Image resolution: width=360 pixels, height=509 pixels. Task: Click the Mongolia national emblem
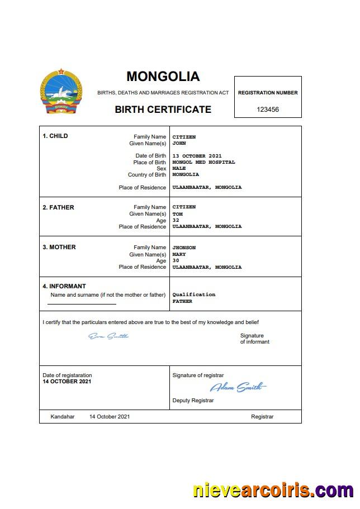click(x=61, y=93)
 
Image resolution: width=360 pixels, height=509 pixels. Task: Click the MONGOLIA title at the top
click(x=163, y=77)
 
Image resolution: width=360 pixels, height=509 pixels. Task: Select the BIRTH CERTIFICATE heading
click(x=163, y=110)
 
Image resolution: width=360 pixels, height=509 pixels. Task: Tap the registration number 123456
click(x=268, y=110)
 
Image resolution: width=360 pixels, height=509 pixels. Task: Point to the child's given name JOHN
click(x=179, y=143)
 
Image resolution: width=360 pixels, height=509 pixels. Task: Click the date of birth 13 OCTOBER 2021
click(x=197, y=156)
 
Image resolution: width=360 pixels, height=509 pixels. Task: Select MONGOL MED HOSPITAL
click(x=203, y=162)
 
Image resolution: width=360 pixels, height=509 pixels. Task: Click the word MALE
click(x=179, y=168)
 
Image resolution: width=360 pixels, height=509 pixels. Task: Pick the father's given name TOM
click(x=177, y=213)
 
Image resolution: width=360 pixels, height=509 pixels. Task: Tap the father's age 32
click(x=176, y=220)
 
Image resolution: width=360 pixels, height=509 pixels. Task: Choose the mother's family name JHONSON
click(x=184, y=247)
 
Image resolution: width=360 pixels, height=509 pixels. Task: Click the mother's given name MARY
click(x=179, y=254)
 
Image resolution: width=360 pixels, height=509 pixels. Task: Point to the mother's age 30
click(x=176, y=260)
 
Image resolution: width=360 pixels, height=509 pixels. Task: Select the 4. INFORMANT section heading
click(x=64, y=286)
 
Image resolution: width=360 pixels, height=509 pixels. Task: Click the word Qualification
click(x=193, y=294)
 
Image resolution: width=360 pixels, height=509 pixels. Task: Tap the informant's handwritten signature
click(x=108, y=336)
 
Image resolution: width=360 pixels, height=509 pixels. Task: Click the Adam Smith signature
click(x=238, y=387)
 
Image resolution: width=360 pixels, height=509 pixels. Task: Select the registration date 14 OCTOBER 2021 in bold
click(x=67, y=382)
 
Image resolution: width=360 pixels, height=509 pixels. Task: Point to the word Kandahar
click(x=62, y=417)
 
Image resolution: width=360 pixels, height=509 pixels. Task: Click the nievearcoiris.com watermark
click(x=273, y=490)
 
